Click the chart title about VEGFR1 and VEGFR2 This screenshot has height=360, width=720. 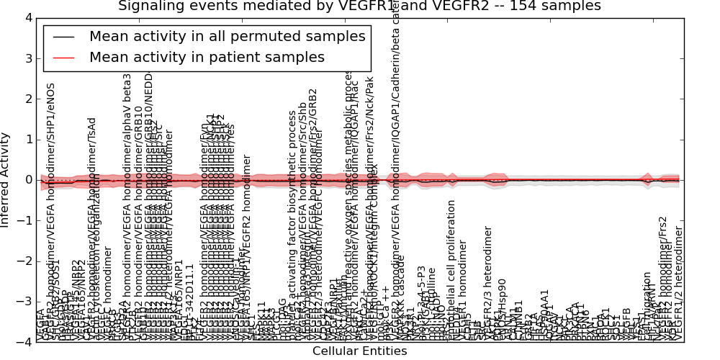[x=359, y=6]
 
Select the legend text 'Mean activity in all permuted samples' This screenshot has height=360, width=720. [x=227, y=36]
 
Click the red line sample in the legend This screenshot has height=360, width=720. [x=63, y=57]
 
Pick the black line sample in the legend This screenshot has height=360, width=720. [x=63, y=36]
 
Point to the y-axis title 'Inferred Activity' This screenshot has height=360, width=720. [x=6, y=180]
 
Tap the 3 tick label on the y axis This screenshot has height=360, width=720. [x=28, y=58]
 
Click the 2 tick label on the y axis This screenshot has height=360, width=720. [x=28, y=99]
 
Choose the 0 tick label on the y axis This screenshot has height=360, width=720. [x=28, y=180]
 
